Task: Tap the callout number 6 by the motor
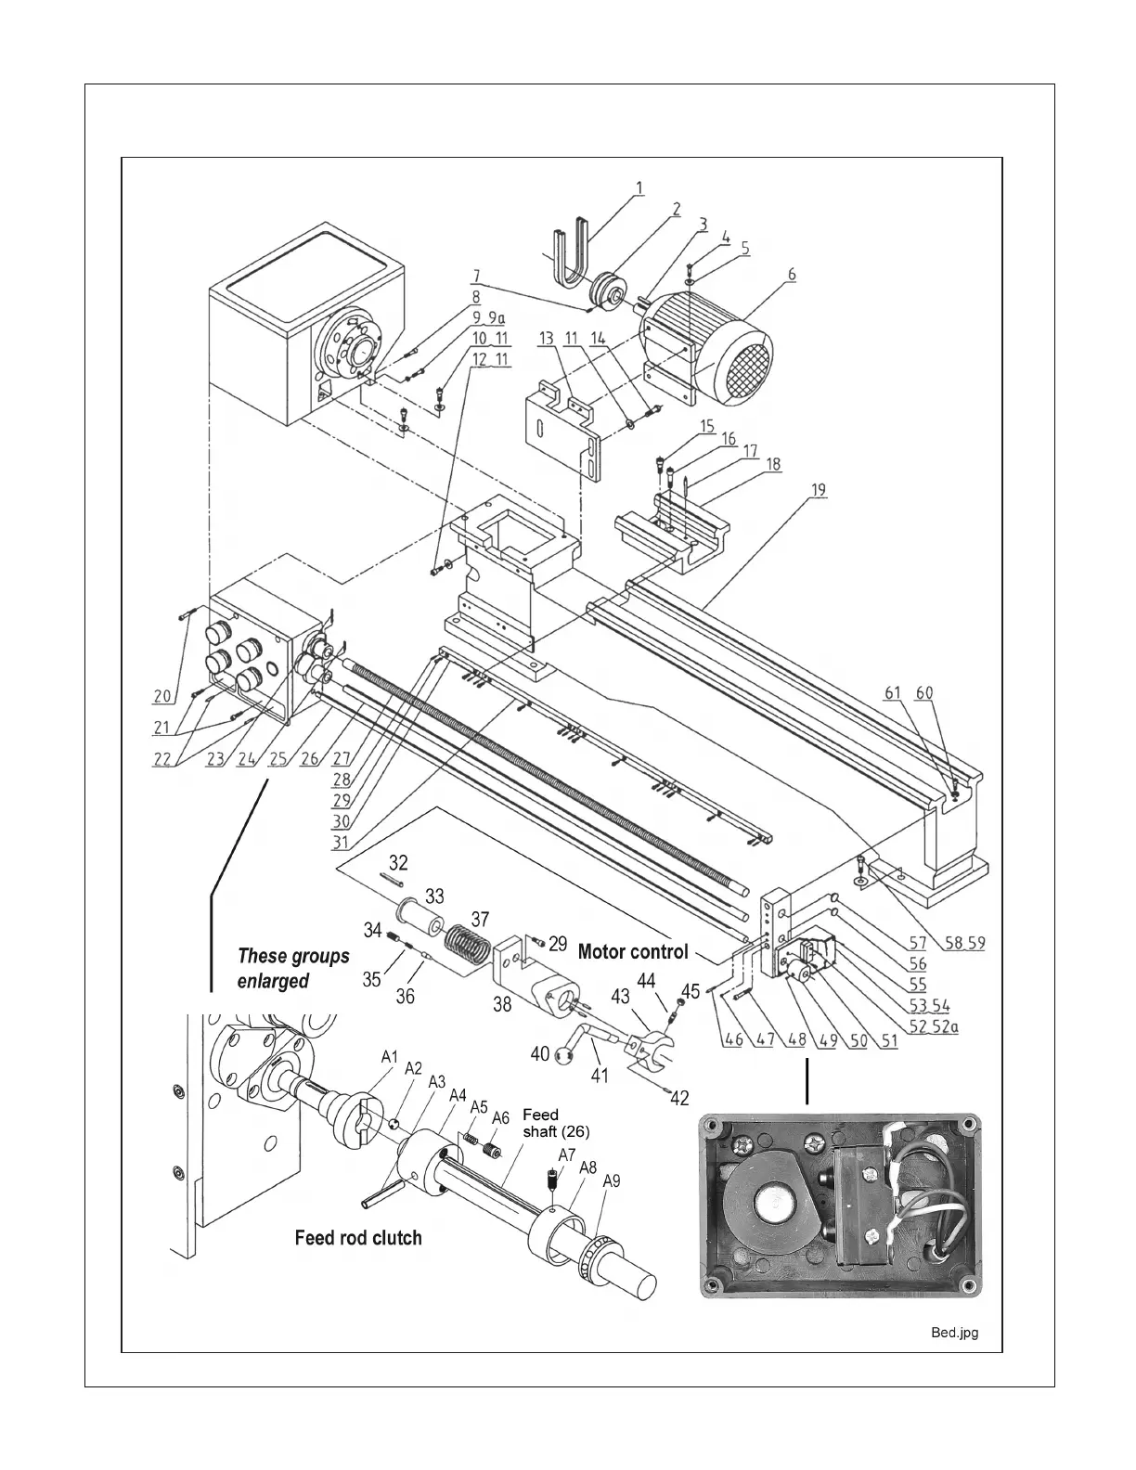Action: [x=791, y=275]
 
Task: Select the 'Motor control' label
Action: [x=633, y=952]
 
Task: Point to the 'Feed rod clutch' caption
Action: [x=358, y=1238]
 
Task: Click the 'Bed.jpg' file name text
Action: [x=954, y=1334]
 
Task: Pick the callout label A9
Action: [x=611, y=1181]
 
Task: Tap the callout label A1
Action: [x=390, y=1057]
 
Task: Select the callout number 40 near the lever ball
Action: [x=539, y=1053]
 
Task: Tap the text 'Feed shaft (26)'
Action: [x=555, y=1123]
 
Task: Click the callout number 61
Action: [x=893, y=692]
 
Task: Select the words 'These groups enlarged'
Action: [x=293, y=968]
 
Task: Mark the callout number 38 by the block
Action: [x=502, y=1003]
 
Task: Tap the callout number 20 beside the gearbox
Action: [x=163, y=696]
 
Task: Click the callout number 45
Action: [x=690, y=992]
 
